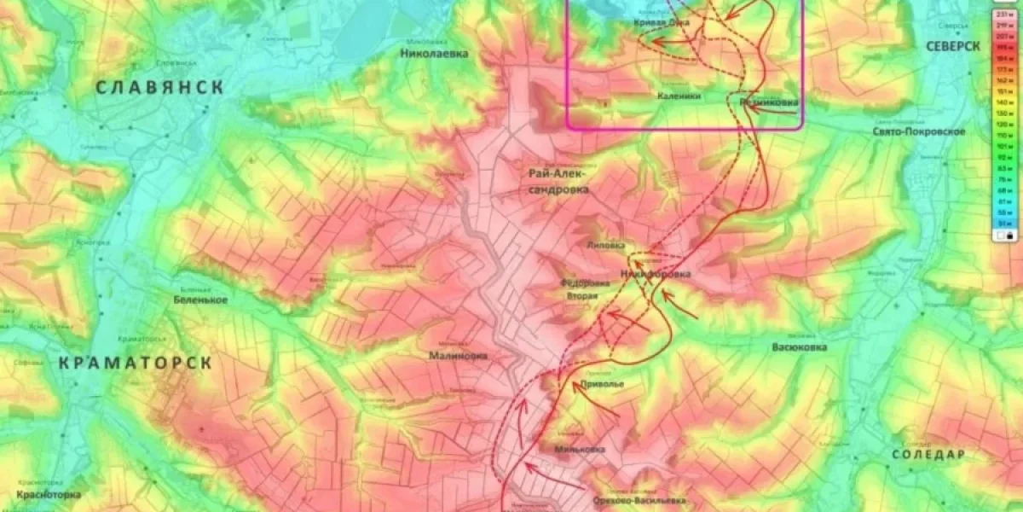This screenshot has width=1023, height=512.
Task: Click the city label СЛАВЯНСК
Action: (159, 87)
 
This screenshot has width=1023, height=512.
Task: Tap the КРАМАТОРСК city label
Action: (135, 363)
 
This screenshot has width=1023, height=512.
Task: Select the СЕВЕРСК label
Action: (953, 46)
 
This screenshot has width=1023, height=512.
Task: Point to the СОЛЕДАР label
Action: (928, 455)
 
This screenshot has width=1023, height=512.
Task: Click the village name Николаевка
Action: (434, 53)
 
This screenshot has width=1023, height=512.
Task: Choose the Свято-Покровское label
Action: (919, 131)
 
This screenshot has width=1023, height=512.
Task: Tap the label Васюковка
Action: (799, 347)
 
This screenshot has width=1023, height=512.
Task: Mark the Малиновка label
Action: (458, 356)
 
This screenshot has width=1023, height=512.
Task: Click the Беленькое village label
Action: (200, 300)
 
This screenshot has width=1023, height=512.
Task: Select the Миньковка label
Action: (579, 450)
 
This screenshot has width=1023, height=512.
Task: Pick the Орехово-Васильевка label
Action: (639, 501)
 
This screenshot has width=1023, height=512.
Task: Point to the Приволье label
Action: (602, 385)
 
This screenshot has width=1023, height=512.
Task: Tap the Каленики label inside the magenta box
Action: (679, 96)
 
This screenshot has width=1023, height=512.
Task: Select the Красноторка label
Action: (48, 494)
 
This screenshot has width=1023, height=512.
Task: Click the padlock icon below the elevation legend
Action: (1009, 236)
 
